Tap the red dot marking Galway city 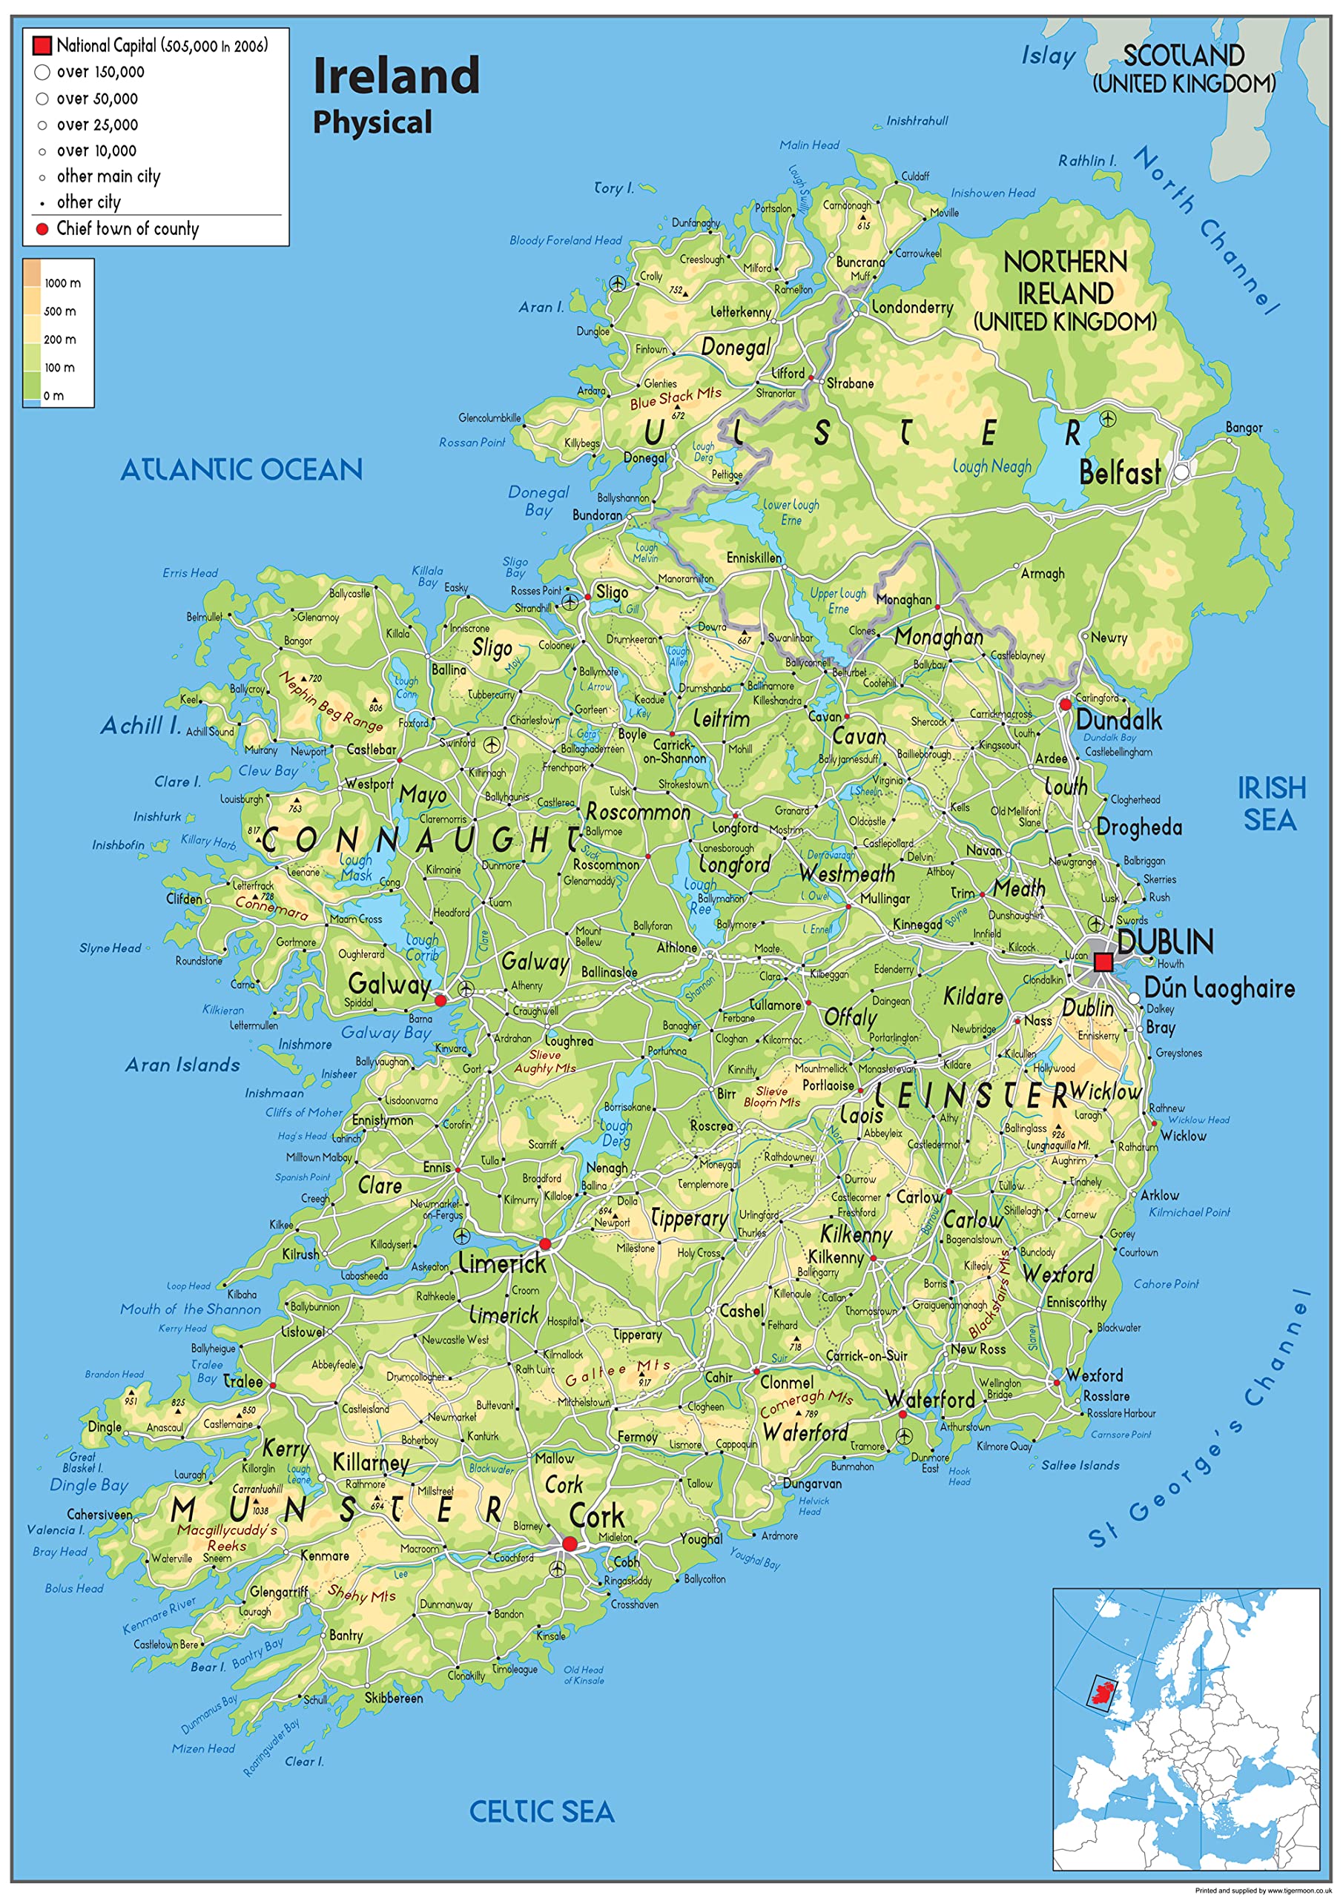point(440,1000)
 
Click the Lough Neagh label point(991,466)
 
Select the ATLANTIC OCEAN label point(242,470)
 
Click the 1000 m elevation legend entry point(62,282)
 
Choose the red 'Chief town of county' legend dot point(42,229)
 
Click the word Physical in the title point(372,122)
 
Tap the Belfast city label point(1120,473)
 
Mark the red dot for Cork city point(569,1544)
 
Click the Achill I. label point(141,726)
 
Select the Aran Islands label point(182,1065)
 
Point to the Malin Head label point(809,145)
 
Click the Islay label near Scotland point(1048,56)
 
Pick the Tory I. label point(613,188)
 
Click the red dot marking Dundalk point(1065,704)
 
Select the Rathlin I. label point(1086,160)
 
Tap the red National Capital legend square point(42,44)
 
